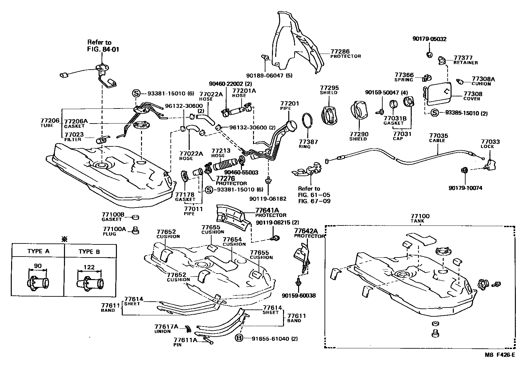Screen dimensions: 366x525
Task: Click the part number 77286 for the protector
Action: (340, 51)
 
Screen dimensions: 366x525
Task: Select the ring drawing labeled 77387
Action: (308, 124)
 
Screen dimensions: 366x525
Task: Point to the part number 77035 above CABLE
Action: (438, 136)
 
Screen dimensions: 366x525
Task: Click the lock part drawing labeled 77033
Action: (490, 165)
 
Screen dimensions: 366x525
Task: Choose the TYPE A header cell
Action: (38, 251)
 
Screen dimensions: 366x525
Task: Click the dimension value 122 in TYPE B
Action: (89, 267)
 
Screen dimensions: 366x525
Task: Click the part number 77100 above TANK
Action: (420, 216)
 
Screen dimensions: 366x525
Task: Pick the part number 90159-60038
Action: (299, 296)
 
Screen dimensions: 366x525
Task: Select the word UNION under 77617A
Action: (162, 331)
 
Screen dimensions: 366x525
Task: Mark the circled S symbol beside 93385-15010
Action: (435, 113)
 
